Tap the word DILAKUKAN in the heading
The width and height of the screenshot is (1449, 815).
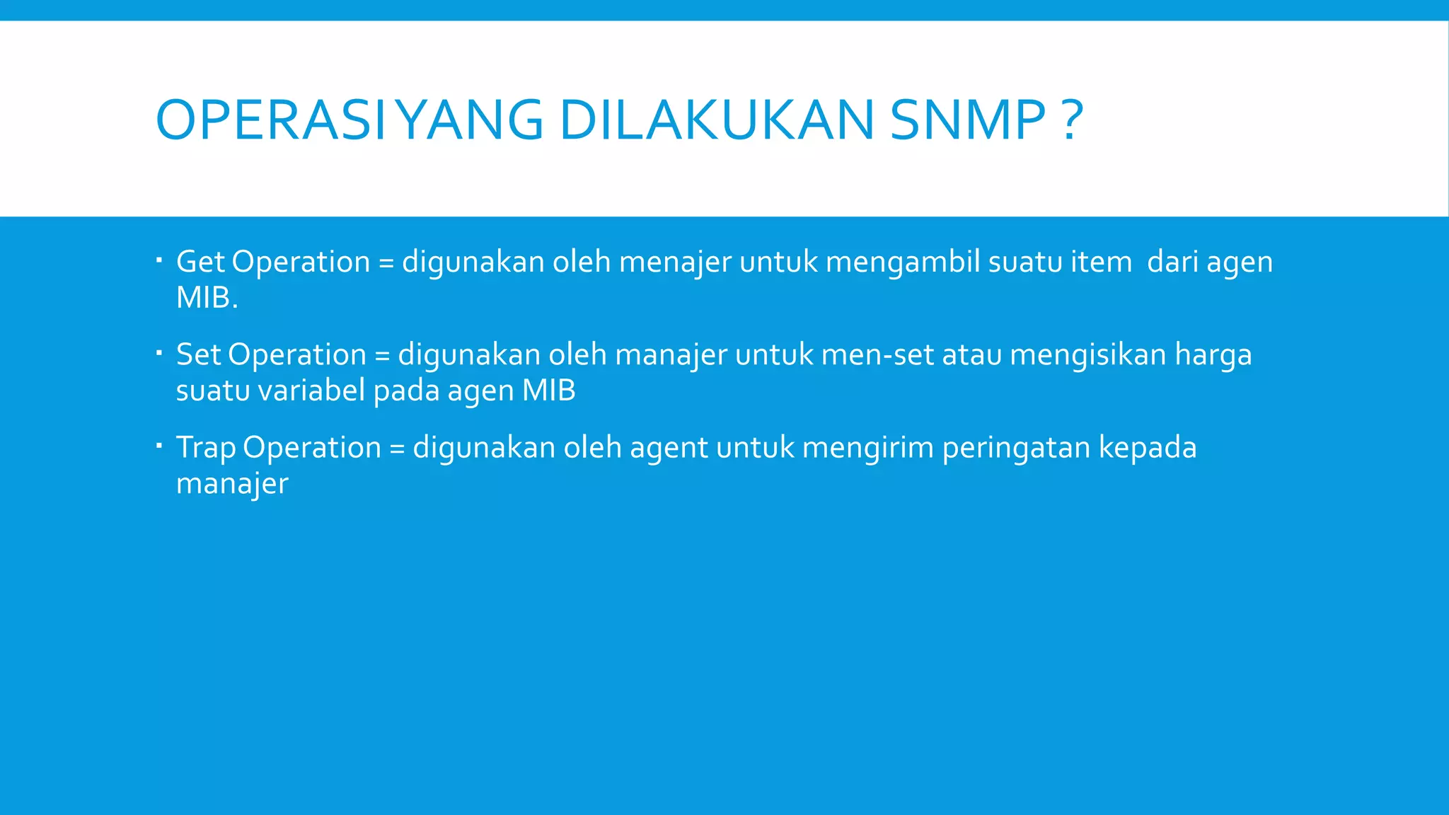716,120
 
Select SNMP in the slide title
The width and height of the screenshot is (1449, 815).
967,120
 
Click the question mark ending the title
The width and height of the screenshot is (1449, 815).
1073,120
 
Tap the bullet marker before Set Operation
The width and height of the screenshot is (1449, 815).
160,352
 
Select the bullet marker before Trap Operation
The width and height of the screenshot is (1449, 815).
160,445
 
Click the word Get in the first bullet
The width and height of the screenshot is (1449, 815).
200,262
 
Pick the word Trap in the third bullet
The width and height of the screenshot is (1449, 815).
206,448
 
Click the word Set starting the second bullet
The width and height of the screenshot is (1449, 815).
199,354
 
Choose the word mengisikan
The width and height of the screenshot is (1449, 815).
1087,355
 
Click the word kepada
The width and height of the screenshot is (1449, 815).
1147,448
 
